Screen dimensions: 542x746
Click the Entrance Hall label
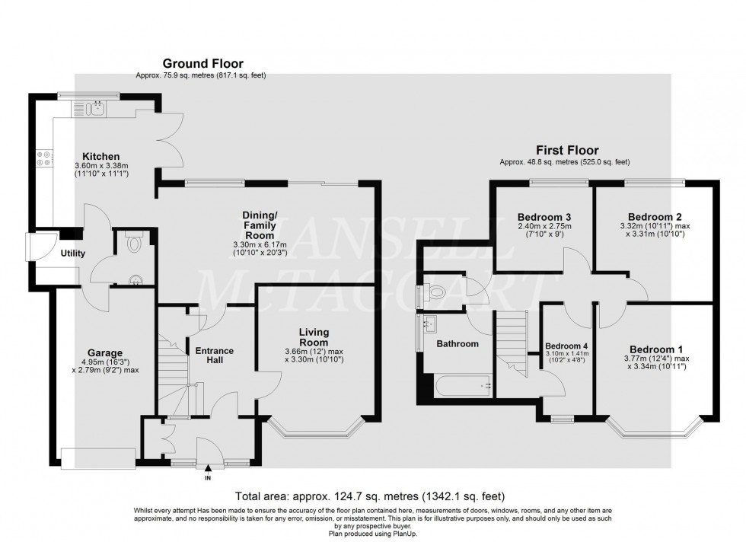click(214, 355)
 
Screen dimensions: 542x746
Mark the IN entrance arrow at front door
click(208, 470)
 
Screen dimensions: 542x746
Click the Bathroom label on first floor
click(457, 344)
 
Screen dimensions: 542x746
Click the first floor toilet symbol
click(436, 292)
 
